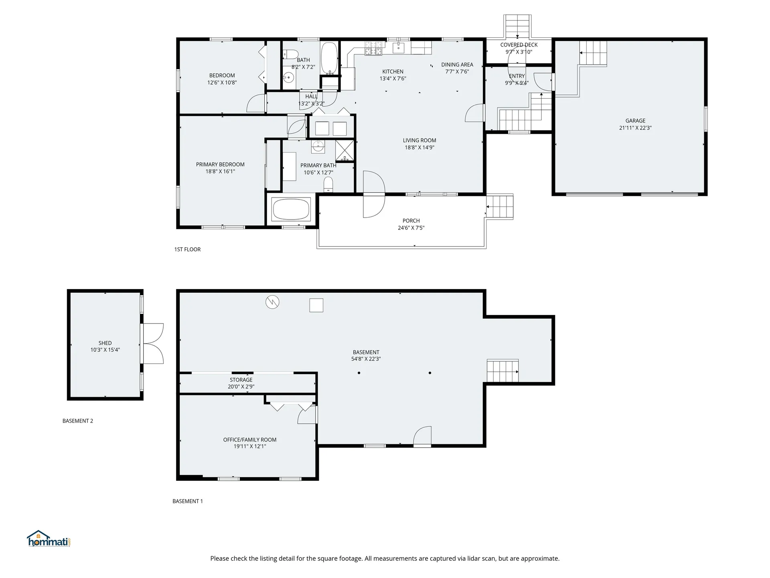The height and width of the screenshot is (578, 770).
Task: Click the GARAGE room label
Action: pos(635,120)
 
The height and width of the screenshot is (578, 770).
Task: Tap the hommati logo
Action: pos(49,539)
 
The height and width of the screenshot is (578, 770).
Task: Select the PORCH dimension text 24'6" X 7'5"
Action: pos(411,228)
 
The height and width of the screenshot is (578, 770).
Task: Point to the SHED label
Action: pos(105,343)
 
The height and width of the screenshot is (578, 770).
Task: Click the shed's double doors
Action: pos(153,344)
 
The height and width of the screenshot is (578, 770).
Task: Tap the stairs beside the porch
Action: pos(500,207)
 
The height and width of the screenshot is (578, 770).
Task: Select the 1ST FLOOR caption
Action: pos(187,249)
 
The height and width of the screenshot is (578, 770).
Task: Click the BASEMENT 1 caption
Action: pos(188,501)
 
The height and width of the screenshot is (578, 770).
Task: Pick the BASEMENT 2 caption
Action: pos(78,421)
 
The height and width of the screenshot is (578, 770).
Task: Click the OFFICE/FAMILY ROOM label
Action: pos(250,440)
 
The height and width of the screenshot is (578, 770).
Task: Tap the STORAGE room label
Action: pos(241,380)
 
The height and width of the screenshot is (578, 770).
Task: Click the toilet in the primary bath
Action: pos(328,185)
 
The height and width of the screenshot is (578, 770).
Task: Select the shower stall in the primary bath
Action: pos(345,150)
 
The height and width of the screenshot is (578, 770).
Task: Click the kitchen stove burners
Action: pos(373,48)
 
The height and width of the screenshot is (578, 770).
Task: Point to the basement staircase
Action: pos(503,371)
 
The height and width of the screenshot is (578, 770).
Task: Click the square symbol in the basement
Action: pos(316,305)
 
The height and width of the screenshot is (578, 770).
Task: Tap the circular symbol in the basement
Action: pos(272,302)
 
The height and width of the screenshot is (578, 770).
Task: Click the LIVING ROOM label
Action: pos(419,140)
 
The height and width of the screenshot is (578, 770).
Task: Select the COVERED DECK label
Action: pos(519,45)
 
